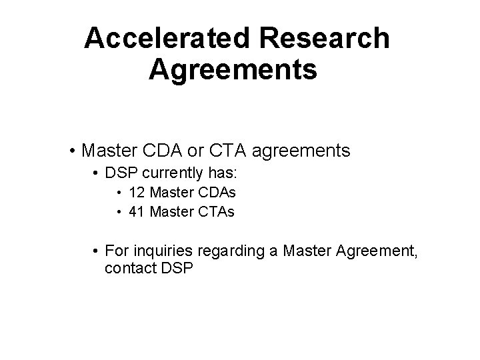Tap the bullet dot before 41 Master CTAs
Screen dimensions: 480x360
118,212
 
